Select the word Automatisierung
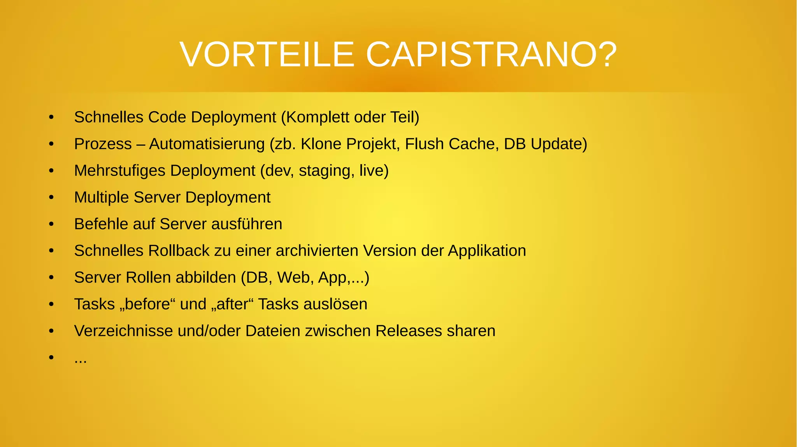pyautogui.click(x=207, y=144)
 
